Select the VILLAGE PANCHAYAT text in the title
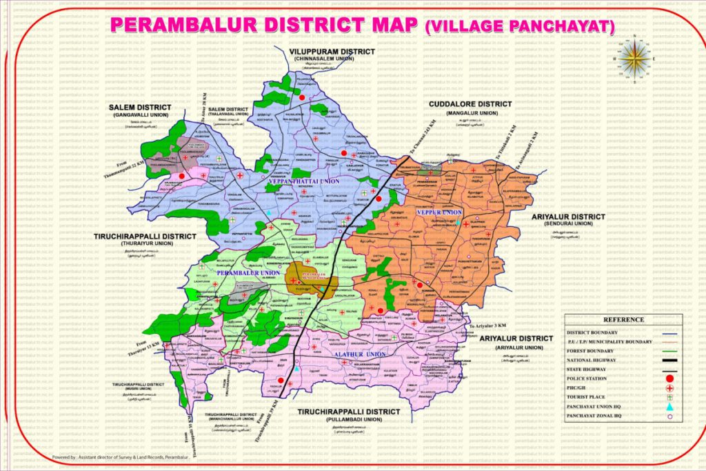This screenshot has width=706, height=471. pos(520,27)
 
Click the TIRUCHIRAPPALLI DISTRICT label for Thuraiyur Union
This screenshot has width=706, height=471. pos(143,236)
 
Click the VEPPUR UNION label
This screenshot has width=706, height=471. pos(439,212)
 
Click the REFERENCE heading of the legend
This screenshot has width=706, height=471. pos(623,319)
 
